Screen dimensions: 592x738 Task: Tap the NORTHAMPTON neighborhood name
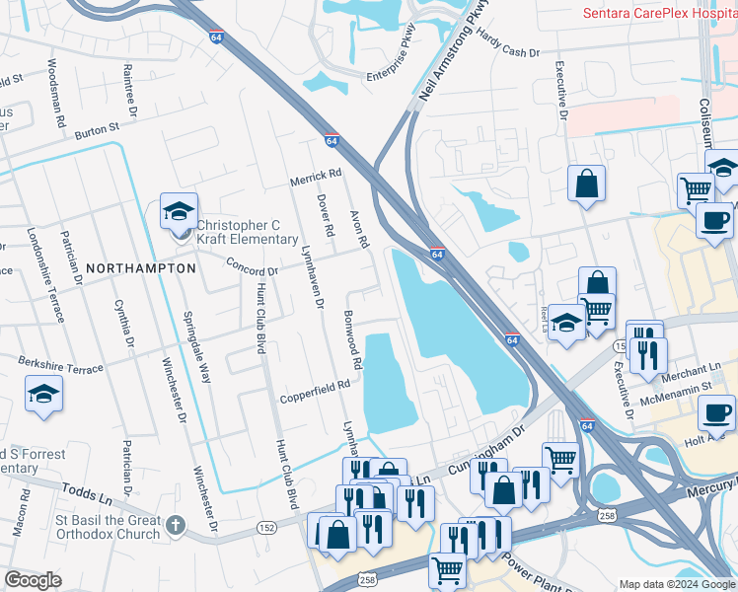click(141, 267)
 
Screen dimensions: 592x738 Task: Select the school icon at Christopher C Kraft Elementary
click(179, 211)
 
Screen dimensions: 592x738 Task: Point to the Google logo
click(33, 580)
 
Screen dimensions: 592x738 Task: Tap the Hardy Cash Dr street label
click(508, 43)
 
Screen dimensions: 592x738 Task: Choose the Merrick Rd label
click(315, 175)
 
